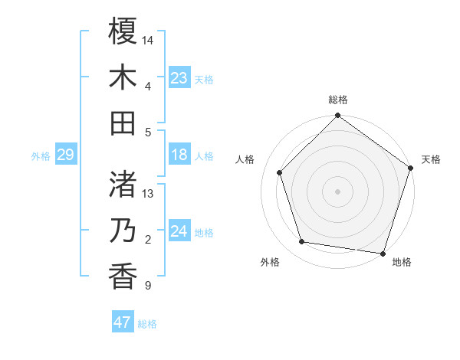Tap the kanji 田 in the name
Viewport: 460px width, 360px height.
[x=123, y=123]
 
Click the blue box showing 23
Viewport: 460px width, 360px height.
[x=179, y=78]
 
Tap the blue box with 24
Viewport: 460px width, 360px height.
[x=179, y=232]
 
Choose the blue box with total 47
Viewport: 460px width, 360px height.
[x=123, y=322]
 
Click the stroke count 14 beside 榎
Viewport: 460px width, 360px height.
[x=149, y=39]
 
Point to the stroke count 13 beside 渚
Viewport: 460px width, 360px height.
[x=149, y=193]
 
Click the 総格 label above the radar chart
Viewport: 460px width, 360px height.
[x=338, y=100]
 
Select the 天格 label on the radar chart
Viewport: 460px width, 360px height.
[x=431, y=159]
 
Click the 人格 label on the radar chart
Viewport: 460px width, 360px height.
[x=245, y=159]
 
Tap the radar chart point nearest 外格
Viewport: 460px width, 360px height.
[x=302, y=242]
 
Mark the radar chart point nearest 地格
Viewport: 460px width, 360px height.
[x=383, y=253]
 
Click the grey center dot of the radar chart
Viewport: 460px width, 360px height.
[x=338, y=191]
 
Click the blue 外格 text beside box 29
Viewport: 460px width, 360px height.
[x=41, y=156]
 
